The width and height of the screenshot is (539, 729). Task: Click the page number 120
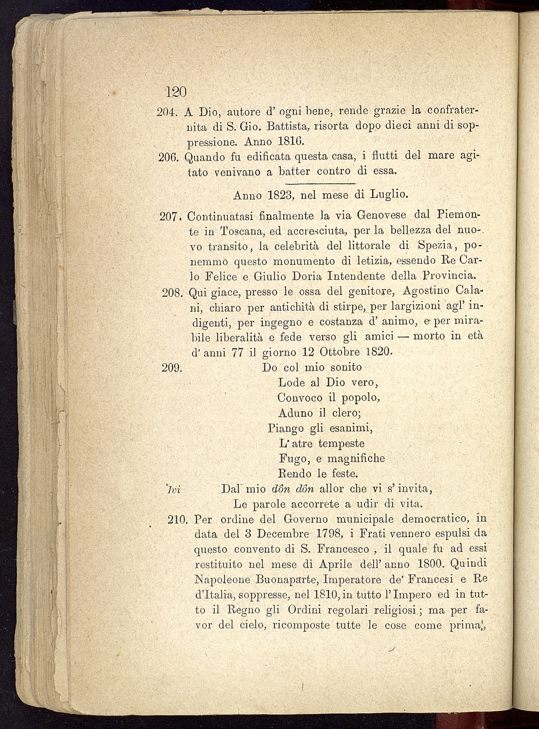[x=175, y=92]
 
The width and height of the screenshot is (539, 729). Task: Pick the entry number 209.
[x=172, y=367]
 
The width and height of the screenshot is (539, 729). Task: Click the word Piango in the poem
[x=286, y=428]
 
